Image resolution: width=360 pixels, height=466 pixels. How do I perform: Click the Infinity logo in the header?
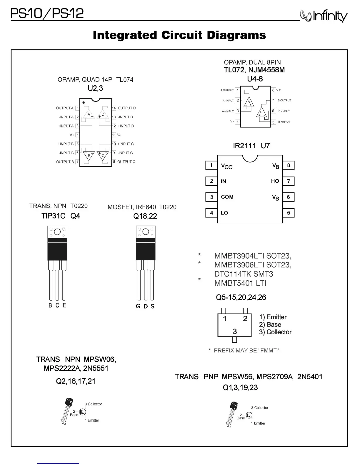point(324,16)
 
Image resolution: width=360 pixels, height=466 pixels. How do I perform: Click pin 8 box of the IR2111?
point(288,165)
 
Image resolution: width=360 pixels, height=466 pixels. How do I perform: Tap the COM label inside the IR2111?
point(227,197)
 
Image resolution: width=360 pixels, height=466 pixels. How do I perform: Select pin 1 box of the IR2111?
point(211,165)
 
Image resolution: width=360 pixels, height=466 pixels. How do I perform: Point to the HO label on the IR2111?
point(275,181)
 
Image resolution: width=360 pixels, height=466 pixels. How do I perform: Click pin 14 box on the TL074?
point(114,108)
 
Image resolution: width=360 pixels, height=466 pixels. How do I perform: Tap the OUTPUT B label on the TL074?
point(65,162)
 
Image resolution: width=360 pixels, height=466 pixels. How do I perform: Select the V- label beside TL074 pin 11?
point(119,135)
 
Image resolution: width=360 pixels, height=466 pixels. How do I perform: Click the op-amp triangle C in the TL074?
point(103,156)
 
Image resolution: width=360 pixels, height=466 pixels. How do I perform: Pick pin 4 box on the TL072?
point(238,122)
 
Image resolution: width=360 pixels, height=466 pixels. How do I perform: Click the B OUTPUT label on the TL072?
point(284,100)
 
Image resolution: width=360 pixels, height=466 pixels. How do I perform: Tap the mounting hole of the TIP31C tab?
point(57,232)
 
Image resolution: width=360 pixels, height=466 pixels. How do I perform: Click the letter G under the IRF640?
point(138,306)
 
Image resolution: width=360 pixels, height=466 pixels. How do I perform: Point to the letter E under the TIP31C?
point(64,305)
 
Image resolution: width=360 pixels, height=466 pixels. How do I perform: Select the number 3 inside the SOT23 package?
point(235,331)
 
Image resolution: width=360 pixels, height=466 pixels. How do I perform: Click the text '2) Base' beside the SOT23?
point(270,324)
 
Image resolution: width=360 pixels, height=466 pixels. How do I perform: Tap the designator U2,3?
point(95,88)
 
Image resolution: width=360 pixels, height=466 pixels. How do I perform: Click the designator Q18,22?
point(145,216)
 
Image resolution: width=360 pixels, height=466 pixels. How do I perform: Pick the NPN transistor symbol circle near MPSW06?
point(83,412)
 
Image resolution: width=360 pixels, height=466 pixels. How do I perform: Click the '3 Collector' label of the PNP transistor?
point(259,408)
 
